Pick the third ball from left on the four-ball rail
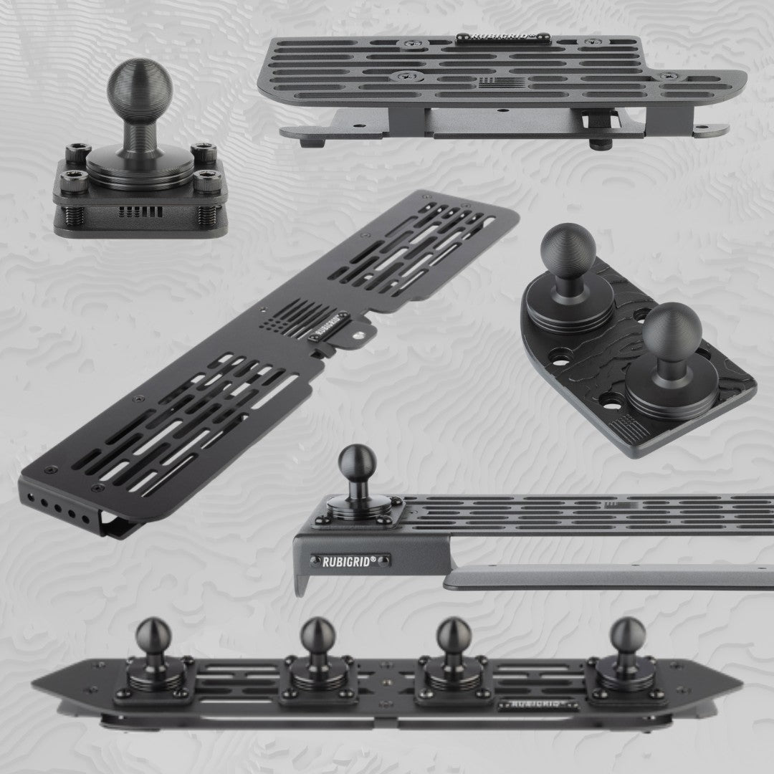453,634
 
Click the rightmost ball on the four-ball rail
627,634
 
